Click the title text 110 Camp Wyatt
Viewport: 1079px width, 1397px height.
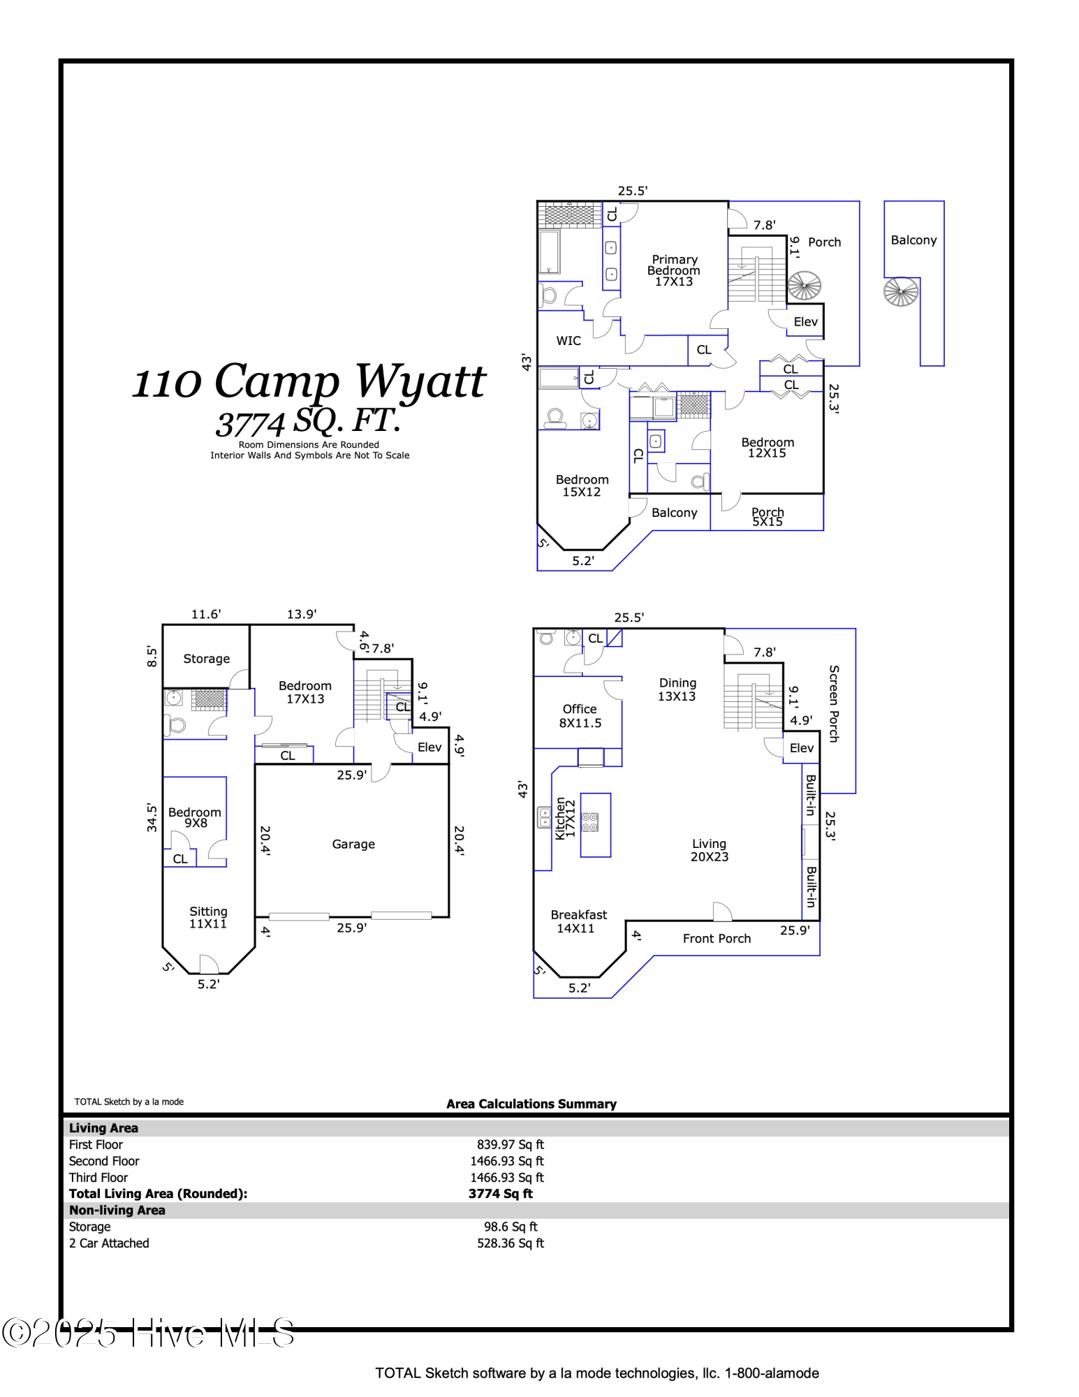coord(309,382)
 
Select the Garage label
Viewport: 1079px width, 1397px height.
coord(353,844)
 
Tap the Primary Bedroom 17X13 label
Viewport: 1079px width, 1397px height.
coord(673,270)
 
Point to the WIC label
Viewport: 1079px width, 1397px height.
coord(568,341)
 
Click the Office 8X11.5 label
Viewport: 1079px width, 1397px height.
coord(580,716)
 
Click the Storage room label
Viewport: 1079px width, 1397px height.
coord(206,659)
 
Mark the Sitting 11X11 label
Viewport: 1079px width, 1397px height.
coord(208,917)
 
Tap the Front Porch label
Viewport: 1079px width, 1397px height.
coord(717,939)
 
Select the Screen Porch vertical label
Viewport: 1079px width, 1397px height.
coord(833,703)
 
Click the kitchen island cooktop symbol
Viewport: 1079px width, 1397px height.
coord(589,822)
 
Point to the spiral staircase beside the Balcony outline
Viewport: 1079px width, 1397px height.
coord(901,292)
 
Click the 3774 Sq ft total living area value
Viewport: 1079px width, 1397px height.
coord(500,1194)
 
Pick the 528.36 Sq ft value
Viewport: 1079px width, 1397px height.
coord(510,1243)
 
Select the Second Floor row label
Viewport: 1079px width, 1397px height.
coord(104,1161)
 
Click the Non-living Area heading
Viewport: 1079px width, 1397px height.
coord(117,1211)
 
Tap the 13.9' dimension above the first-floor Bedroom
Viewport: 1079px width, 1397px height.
coord(302,614)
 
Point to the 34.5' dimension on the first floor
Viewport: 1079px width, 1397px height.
coord(152,817)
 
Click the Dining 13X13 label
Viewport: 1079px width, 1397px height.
coord(677,689)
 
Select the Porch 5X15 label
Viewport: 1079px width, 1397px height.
coord(768,517)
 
